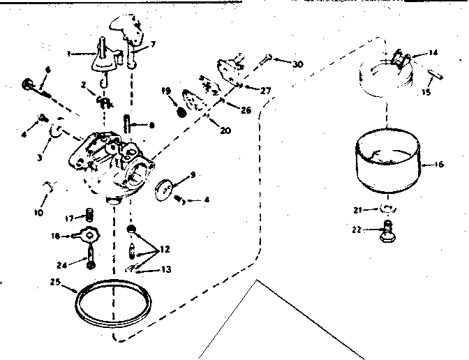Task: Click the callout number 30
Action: (298, 65)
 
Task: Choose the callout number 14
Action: (433, 52)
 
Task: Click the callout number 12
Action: (164, 248)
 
